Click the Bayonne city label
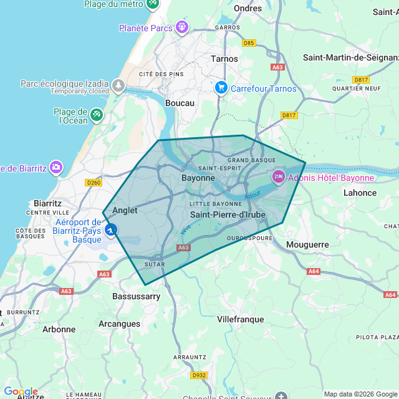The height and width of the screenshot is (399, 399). pos(198,178)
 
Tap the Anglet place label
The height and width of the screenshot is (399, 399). pos(125,211)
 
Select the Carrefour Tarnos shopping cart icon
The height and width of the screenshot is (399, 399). pos(221,88)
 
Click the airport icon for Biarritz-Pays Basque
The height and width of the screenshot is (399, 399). pos(111,231)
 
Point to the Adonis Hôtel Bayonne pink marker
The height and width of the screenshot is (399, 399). pos(278,177)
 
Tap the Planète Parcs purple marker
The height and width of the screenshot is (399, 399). pos(181,27)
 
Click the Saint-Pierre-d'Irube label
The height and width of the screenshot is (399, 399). pos(228,215)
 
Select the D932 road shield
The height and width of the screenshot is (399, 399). pos(199,375)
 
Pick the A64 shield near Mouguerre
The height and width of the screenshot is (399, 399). pos(314,271)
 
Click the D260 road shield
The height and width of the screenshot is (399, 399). pos(94,182)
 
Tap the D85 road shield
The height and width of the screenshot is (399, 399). pos(249,43)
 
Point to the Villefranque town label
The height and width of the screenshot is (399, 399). pos(240,319)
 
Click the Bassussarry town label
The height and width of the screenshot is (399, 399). pos(137,297)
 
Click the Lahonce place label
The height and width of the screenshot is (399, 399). pos(360,193)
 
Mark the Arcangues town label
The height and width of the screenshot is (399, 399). pos(120,324)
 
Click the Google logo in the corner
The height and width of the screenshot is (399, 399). pos(20,392)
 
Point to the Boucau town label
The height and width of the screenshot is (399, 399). pos(180,103)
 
